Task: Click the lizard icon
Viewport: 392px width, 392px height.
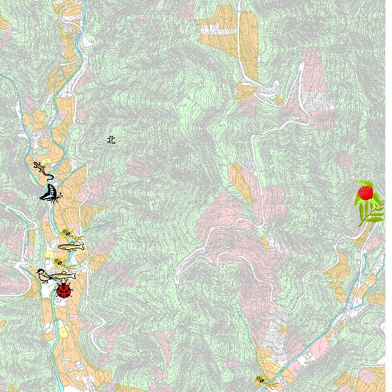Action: point(43,168)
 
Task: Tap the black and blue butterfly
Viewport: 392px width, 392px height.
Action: point(50,193)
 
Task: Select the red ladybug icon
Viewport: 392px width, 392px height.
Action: point(64,291)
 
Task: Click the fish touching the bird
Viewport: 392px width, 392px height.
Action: point(63,275)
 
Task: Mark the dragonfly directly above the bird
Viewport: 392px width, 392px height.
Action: point(60,262)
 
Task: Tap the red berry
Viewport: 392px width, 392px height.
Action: point(365,193)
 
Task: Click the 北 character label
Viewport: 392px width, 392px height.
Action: point(112,140)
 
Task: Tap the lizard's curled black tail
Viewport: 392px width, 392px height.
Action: point(50,175)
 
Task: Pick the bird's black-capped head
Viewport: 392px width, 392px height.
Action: point(40,272)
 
